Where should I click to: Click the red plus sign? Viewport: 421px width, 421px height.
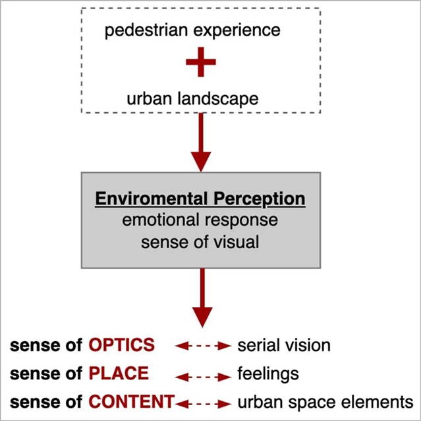tap(200, 65)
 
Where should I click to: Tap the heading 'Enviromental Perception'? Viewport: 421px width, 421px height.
tap(200, 199)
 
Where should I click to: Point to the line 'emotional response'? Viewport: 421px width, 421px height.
tap(200, 220)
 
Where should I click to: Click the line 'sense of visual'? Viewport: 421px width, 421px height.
tap(200, 242)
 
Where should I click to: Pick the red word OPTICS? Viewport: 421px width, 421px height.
tap(122, 345)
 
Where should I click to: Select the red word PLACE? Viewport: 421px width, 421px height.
tap(118, 373)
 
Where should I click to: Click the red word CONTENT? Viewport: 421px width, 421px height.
tap(130, 401)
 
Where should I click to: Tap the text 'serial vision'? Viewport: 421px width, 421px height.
tap(283, 345)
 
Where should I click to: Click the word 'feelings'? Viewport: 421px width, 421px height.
tap(268, 373)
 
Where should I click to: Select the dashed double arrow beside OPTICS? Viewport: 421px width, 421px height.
tap(200, 346)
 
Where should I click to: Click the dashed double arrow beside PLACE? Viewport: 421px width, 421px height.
tap(200, 374)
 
